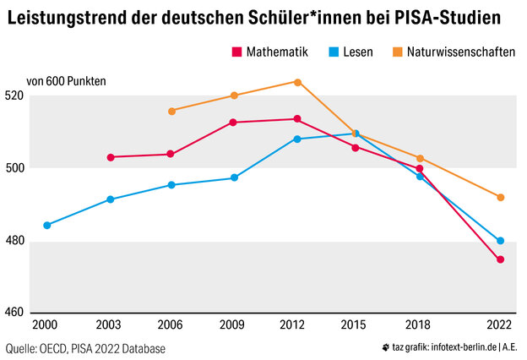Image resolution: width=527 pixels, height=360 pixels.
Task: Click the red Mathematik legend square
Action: pos(236,52)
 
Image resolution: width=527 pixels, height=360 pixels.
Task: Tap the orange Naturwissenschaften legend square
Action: pos(397,52)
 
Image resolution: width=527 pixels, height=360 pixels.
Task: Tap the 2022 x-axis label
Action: pos(500,325)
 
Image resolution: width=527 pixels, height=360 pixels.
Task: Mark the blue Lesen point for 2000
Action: pos(47,226)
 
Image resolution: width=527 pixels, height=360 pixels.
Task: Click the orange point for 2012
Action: pos(297,82)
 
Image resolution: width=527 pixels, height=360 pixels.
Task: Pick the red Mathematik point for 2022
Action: pos(501,259)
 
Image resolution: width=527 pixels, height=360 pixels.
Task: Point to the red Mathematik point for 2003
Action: pos(111,157)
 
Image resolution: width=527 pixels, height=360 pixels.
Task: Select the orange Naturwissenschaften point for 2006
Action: pos(172,111)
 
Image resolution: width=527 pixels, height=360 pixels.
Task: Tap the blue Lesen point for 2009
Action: pos(235,178)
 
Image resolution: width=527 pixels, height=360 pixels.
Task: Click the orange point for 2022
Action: pos(501,198)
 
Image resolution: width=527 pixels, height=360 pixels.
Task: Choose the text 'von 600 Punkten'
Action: pos(67,82)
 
